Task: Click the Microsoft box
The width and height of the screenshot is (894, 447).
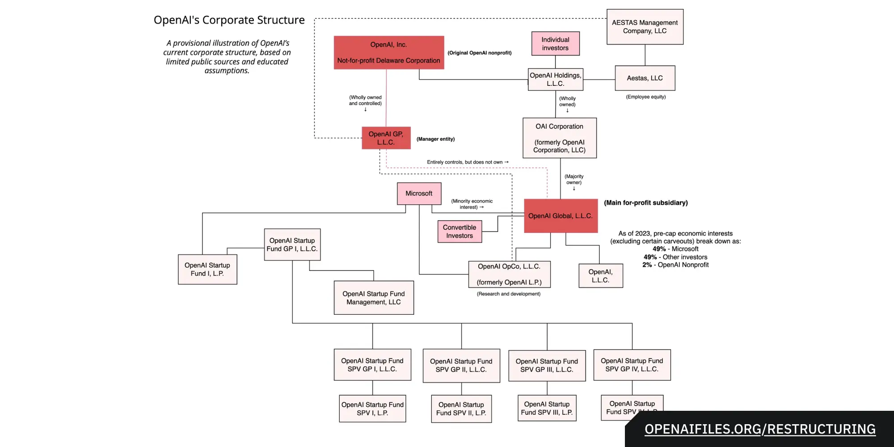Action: coord(419,194)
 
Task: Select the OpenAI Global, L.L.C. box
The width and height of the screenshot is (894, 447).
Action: coord(561,216)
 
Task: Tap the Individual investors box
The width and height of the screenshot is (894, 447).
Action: coord(555,44)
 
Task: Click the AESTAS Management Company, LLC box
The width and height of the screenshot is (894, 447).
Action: coord(645,27)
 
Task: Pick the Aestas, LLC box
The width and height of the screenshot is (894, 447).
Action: coord(645,78)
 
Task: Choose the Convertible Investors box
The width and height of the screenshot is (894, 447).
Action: coord(460,232)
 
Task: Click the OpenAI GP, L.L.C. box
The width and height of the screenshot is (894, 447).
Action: coord(386,138)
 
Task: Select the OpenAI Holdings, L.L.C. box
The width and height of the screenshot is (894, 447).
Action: coord(555,80)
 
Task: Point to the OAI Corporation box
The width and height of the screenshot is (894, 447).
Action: coord(560,138)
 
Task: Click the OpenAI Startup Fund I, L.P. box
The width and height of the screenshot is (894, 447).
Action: coord(207,270)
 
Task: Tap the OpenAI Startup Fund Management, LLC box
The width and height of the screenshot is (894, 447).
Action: coord(374,298)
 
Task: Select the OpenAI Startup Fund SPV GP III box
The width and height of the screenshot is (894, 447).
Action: coord(547,366)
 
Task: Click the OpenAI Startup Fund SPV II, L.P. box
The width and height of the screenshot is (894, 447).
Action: coord(461,409)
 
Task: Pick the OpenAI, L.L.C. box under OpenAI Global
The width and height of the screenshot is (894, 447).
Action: coord(600,276)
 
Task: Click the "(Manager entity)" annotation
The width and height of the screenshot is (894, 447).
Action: coord(435,139)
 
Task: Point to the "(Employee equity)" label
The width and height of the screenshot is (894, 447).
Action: coord(645,97)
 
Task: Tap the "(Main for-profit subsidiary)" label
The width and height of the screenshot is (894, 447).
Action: coord(646,203)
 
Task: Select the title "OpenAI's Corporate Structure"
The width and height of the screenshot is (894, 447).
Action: coord(229,20)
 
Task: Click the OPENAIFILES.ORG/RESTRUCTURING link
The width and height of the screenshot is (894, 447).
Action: coord(760,429)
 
